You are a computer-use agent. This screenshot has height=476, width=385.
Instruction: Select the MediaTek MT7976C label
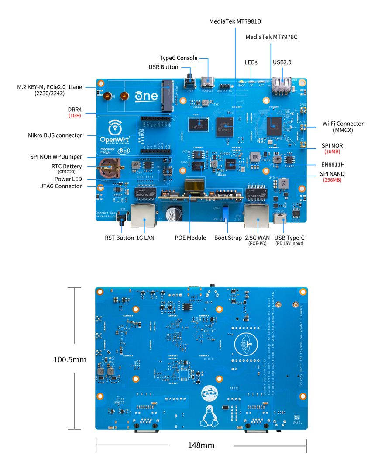pos(271,37)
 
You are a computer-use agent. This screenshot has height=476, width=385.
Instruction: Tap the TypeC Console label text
pos(178,58)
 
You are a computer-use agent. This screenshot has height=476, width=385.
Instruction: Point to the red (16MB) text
pos(332,152)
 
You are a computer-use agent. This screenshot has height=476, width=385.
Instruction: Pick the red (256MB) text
pos(332,180)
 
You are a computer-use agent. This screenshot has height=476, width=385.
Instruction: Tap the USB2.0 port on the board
pos(281,86)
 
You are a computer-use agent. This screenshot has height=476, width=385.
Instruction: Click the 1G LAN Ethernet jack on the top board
pos(143,215)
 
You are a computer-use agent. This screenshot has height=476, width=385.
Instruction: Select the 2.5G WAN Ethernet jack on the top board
pos(257,215)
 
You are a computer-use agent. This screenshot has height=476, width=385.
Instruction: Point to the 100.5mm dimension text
pos(70,360)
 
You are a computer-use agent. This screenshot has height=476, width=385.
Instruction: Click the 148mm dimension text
pos(201,445)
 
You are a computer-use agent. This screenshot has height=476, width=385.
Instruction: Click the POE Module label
pos(190,238)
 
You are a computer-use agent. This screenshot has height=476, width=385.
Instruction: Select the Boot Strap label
pos(228,238)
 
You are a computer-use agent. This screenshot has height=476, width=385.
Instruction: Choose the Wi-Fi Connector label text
pos(343,124)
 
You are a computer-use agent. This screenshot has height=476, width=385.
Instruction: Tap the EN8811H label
pos(332,165)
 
